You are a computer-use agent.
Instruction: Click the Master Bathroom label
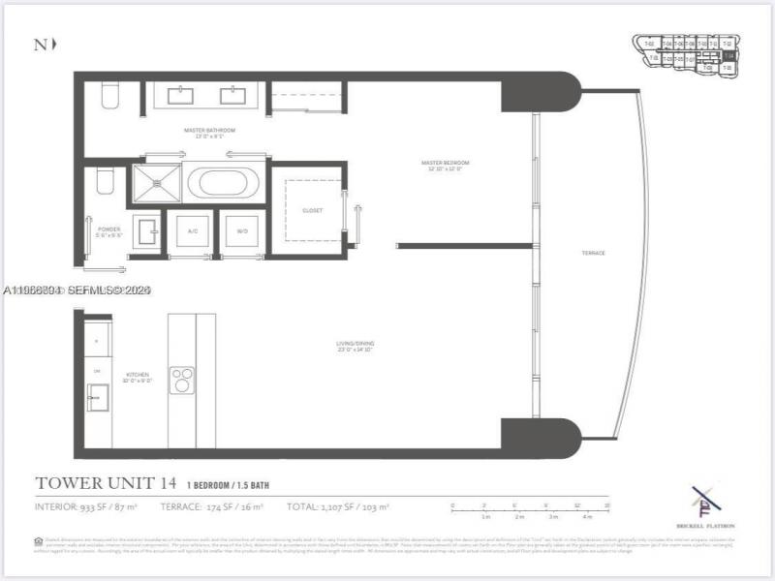tap(209, 130)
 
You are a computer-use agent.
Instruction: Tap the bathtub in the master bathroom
tap(223, 182)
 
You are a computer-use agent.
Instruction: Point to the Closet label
tap(312, 210)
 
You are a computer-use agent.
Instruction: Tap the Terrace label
tap(593, 254)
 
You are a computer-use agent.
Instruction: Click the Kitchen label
tap(136, 375)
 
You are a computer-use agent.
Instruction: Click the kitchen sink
tap(98, 397)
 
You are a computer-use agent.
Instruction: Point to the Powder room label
tap(109, 230)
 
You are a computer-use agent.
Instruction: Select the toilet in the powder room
tap(105, 180)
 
